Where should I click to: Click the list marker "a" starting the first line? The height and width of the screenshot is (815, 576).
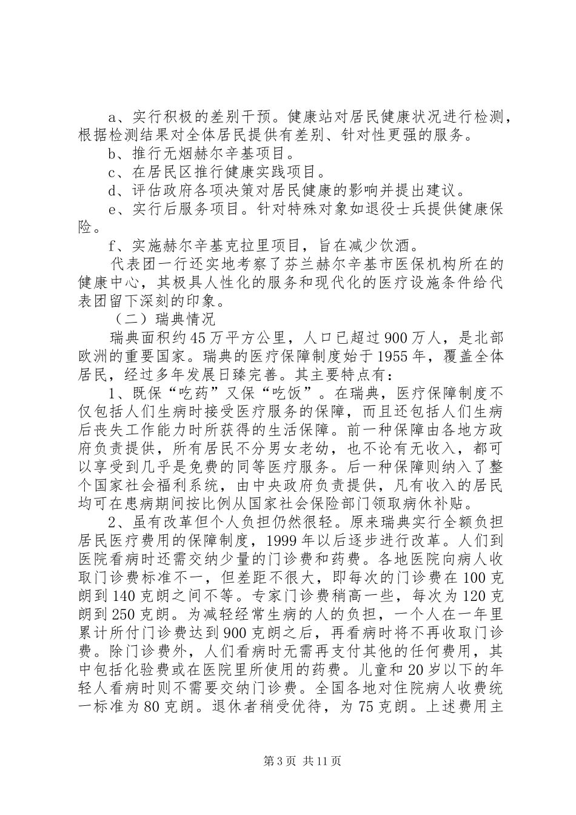112,116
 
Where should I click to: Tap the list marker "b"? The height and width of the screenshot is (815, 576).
112,154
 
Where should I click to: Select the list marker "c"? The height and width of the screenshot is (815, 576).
112,173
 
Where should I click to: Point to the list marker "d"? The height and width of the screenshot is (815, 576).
112,192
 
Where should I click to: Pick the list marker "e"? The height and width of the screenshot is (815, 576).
112,210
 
